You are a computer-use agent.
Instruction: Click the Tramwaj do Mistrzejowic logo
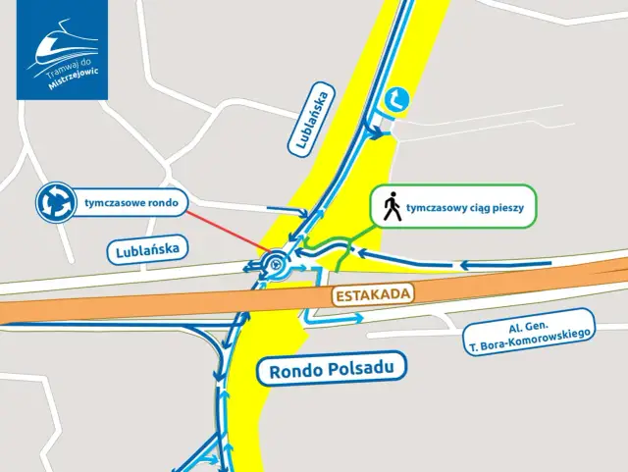65,49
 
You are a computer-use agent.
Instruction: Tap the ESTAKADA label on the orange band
371,294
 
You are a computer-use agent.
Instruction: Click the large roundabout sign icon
56,203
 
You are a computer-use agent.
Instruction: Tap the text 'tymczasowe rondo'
131,203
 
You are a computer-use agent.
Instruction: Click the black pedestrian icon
392,207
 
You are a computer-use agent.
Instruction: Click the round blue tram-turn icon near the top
397,99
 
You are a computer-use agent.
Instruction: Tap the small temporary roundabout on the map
276,263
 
